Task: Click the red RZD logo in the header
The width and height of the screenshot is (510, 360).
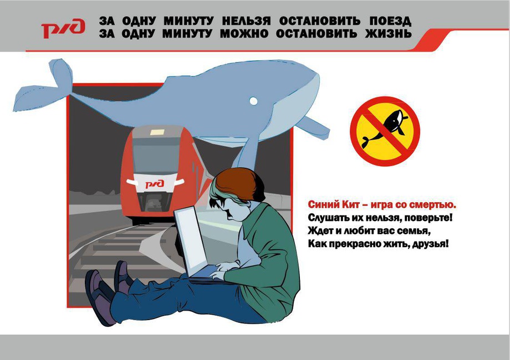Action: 63,28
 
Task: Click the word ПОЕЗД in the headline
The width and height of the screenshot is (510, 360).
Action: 390,22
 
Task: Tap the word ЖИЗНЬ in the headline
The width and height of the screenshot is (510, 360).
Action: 389,34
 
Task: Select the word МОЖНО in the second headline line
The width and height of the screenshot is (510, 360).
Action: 244,34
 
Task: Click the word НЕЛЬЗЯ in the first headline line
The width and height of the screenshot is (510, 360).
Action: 246,22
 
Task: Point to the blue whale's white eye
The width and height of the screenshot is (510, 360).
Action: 253,101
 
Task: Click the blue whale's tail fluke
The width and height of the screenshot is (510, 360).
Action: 44,86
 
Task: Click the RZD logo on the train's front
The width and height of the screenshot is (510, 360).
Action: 155,184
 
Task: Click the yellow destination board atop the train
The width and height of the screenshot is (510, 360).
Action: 157,132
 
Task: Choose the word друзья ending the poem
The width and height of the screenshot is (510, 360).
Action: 430,244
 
